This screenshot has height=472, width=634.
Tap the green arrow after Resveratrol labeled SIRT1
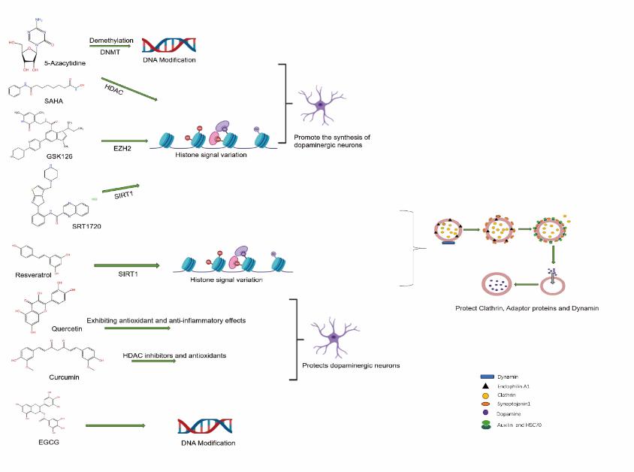click(x=127, y=265)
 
